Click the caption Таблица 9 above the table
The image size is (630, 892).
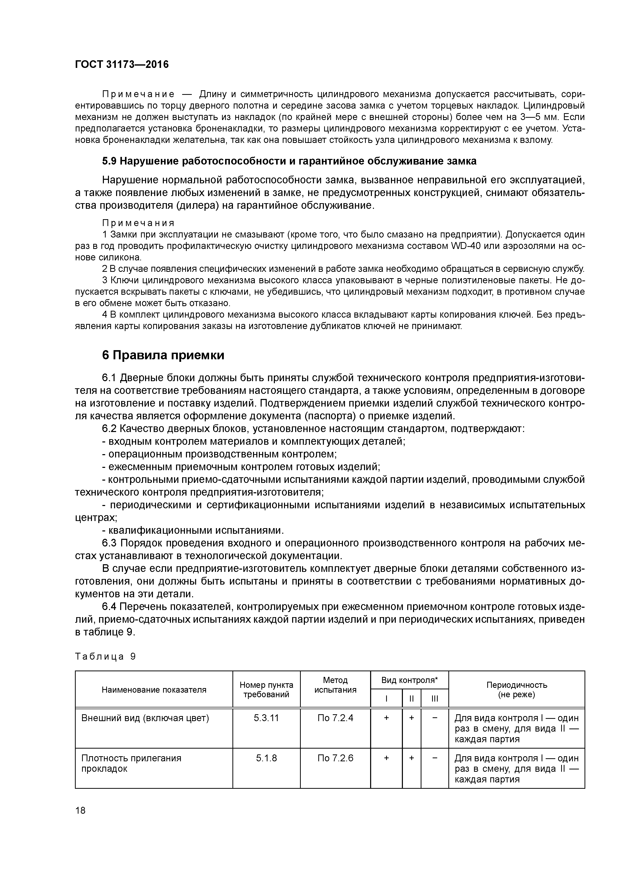(x=105, y=657)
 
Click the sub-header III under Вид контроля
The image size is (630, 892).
(x=434, y=698)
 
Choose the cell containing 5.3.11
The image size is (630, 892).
(x=266, y=718)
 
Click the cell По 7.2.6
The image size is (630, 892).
(x=335, y=758)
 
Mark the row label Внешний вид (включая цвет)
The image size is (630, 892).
(x=145, y=718)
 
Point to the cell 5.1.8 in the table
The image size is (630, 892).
(x=266, y=758)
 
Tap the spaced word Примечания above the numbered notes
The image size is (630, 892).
(x=138, y=223)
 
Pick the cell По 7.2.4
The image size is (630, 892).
(x=335, y=718)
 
